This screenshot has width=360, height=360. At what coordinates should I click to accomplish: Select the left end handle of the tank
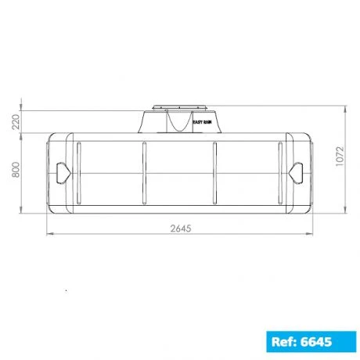(60, 170)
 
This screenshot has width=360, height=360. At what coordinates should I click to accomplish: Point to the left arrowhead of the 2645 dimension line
(49, 233)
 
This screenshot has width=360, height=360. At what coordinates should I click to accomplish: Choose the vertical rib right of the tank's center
(216, 172)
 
